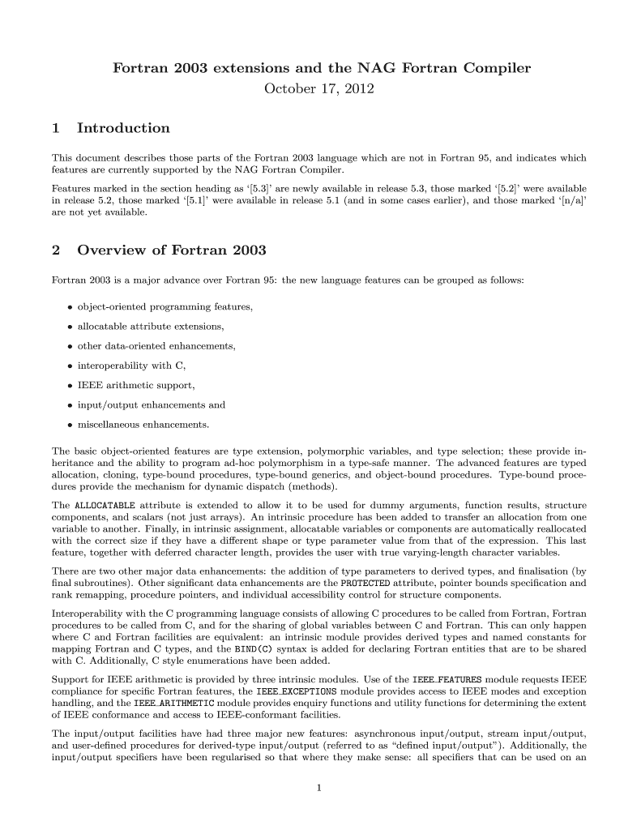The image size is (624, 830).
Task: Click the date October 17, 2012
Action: coord(319,88)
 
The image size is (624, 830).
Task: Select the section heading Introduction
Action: coord(122,128)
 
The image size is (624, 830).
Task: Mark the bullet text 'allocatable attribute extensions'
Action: coord(151,327)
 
